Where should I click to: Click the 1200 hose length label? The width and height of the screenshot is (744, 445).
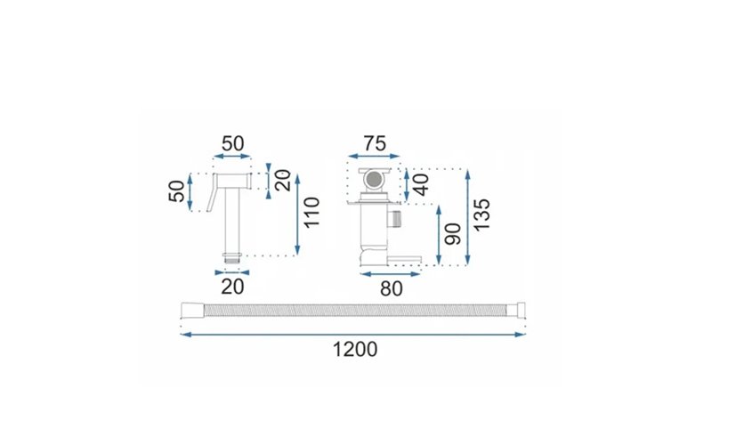[355, 349]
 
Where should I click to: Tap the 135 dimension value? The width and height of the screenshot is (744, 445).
[481, 214]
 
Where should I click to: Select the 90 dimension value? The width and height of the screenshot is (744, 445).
[453, 233]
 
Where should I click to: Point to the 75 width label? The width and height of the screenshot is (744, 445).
[375, 143]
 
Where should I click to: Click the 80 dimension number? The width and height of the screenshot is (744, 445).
[392, 288]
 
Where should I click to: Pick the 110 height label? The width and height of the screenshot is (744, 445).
[311, 213]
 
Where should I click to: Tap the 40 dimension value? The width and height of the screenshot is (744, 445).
[421, 184]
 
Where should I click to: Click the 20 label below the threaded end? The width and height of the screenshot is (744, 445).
[232, 287]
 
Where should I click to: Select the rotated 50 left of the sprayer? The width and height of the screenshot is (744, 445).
[176, 191]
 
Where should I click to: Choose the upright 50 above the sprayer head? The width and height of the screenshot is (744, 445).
[232, 143]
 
